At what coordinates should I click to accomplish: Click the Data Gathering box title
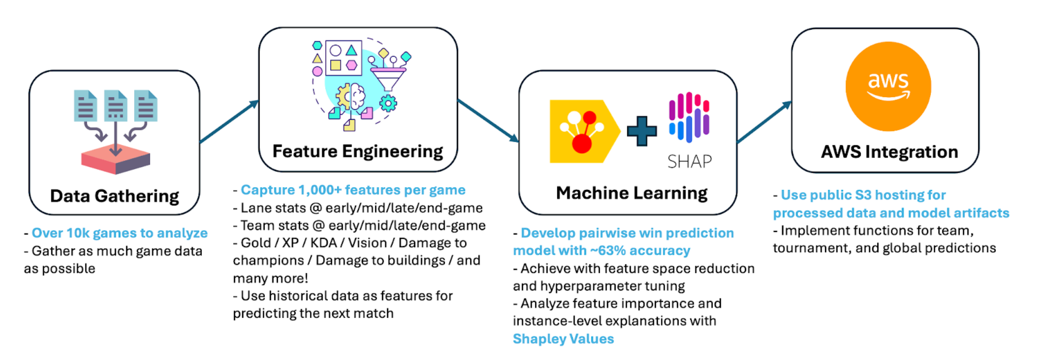114,196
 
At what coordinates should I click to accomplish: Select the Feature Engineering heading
357,151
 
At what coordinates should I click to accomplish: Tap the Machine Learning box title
631,193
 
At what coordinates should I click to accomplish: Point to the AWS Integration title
889,152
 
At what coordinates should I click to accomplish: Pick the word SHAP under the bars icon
689,162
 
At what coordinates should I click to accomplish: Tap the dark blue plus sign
642,131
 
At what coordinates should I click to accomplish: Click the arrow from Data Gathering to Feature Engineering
229,121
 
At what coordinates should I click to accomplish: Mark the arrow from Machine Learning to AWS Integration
764,122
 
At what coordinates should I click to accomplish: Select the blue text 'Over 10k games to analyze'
119,233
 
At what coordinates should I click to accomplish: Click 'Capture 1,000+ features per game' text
353,190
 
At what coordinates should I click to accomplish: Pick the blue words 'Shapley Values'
563,339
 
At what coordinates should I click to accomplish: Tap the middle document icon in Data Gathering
115,106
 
